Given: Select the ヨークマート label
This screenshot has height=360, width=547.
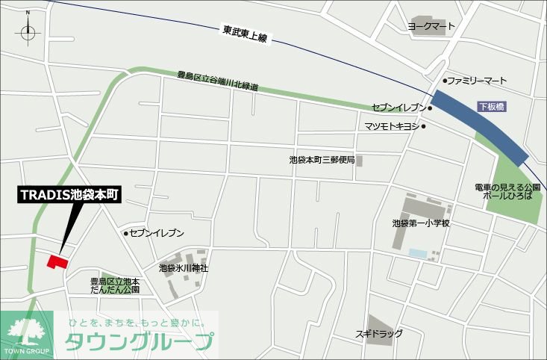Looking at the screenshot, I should (431, 25).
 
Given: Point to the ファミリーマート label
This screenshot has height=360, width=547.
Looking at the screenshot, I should (477, 80).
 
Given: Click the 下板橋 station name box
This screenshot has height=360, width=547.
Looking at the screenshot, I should (492, 107).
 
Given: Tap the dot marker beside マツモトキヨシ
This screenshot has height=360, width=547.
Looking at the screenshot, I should (424, 126).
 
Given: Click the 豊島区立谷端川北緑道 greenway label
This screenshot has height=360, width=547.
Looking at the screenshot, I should (218, 81).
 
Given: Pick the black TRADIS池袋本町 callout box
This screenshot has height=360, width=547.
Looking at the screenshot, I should (70, 196).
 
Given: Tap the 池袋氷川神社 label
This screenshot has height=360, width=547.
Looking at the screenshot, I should (184, 267).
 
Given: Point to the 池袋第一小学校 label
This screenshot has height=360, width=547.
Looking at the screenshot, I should (421, 223).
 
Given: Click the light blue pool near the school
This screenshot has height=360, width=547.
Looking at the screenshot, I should (419, 255).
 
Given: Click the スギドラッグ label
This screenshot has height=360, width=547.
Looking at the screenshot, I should (379, 333).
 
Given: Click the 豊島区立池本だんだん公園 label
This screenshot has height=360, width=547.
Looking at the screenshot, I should (115, 285).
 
